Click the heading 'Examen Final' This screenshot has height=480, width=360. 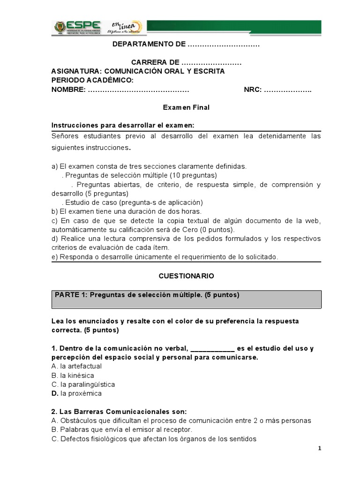click(x=186, y=107)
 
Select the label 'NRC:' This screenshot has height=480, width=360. click(x=253, y=90)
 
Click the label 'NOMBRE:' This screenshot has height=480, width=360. click(x=68, y=90)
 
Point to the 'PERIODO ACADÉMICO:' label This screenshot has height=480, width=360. click(x=92, y=80)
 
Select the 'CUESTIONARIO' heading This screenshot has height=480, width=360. click(x=186, y=276)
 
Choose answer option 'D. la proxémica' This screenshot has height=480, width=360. click(x=76, y=393)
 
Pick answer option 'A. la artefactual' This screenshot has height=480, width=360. click(x=76, y=366)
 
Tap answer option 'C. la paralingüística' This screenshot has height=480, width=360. click(x=83, y=384)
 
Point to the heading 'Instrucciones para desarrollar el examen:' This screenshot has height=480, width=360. click(x=122, y=126)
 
